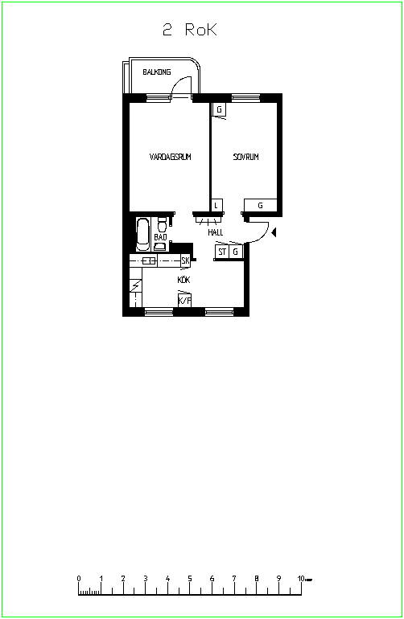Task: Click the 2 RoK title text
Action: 190,30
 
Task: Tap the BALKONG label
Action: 157,72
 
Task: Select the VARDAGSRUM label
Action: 171,157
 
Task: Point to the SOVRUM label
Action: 246,157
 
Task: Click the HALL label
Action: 216,232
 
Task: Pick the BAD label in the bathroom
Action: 160,237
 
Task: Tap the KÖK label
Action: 183,280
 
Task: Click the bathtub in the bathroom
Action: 142,235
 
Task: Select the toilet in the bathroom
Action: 162,224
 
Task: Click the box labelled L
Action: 216,205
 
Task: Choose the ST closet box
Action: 222,252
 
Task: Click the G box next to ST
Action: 236,252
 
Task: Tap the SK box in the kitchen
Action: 185,260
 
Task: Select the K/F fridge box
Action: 184,301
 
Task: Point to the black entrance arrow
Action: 274,232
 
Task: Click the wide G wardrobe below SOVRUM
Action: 260,205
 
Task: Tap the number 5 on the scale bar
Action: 190,578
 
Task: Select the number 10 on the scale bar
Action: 301,578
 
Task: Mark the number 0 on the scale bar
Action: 79,578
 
